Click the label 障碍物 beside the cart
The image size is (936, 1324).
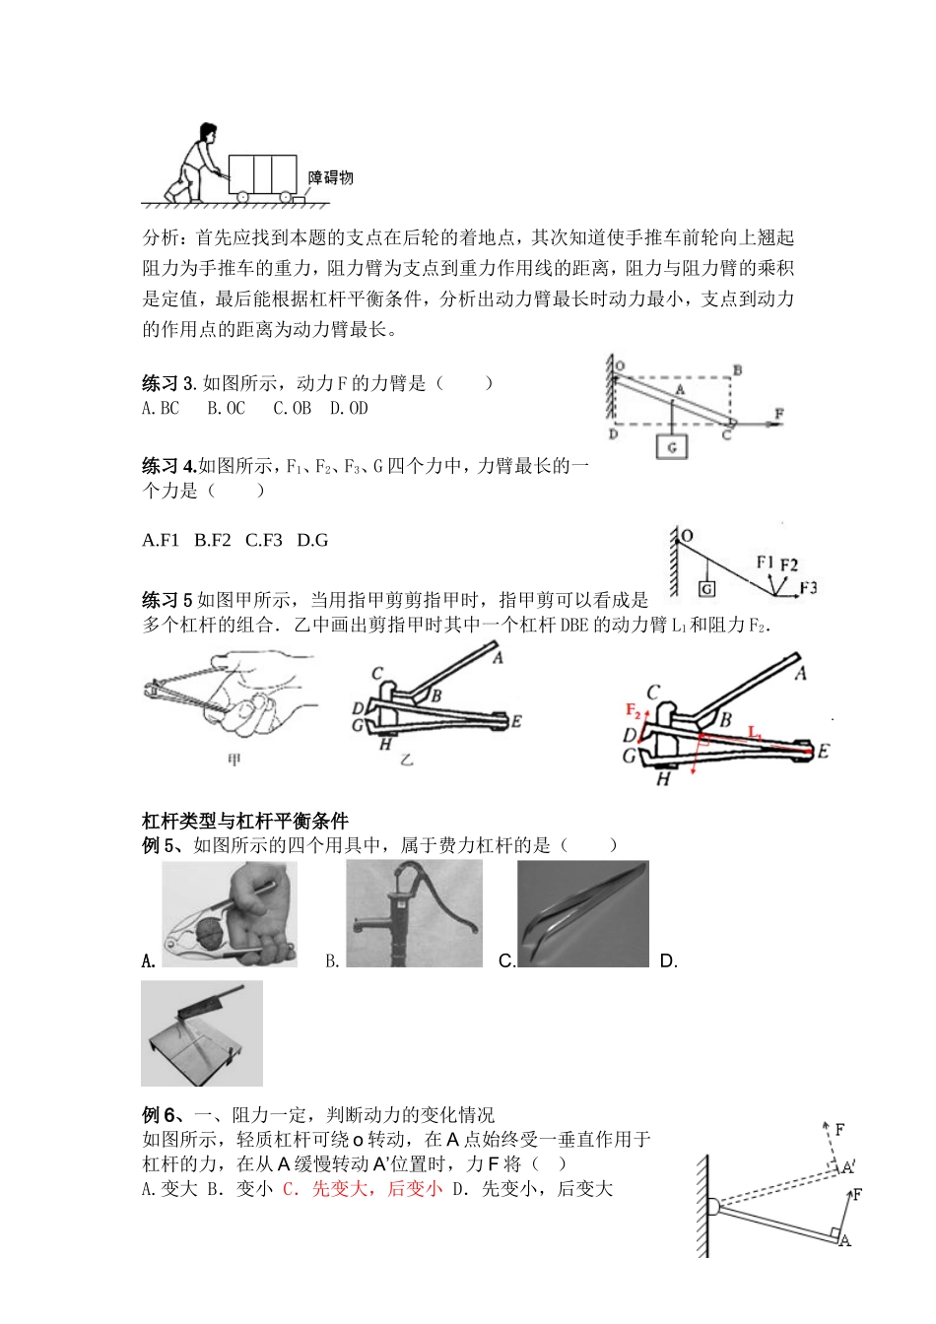(330, 177)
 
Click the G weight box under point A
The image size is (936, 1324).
(672, 445)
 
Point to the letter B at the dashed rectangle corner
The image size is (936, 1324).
(736, 370)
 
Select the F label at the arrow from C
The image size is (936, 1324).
(778, 414)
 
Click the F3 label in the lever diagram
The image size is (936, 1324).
(808, 587)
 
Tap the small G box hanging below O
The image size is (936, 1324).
(706, 589)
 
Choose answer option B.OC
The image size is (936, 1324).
(226, 408)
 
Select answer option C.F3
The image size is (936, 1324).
(264, 539)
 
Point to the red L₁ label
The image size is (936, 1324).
(755, 732)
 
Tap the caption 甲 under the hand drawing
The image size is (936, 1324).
(234, 760)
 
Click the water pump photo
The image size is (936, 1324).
(414, 913)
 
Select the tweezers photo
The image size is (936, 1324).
(583, 913)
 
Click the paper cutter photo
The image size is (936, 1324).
(202, 1032)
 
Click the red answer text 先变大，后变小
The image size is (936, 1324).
(362, 1189)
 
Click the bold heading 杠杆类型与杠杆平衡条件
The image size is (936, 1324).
(245, 821)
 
